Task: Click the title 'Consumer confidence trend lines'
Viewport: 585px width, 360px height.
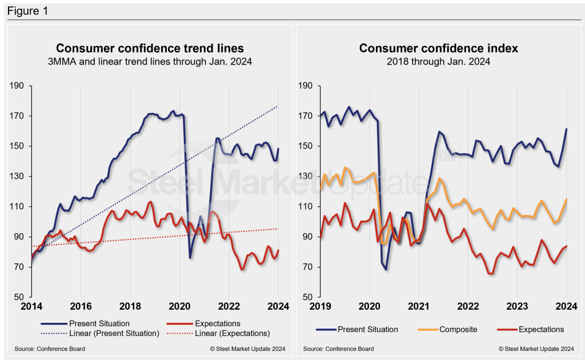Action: point(150,48)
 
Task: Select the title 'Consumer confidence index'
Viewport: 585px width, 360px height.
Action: point(439,48)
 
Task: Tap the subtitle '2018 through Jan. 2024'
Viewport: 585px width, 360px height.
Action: point(439,61)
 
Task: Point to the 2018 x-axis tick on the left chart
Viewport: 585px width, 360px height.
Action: point(131,306)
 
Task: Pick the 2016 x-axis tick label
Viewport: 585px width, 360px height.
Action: point(81,306)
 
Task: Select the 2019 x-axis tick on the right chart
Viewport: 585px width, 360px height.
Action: point(320,306)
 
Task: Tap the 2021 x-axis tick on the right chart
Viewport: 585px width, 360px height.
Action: point(419,306)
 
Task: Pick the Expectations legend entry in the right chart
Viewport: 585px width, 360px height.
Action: point(541,329)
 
